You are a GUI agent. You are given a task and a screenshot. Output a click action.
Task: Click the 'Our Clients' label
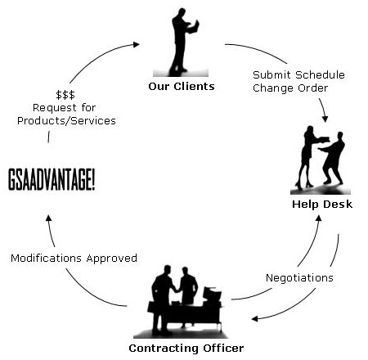coord(182,87)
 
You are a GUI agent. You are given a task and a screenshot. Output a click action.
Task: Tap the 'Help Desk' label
coord(322,204)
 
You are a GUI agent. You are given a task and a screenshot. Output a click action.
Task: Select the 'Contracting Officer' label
coord(186,348)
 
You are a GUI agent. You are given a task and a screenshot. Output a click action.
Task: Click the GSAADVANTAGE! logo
coord(52,179)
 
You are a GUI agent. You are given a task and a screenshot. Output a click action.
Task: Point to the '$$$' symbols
coord(65,95)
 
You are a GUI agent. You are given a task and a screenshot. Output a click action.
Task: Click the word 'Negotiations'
coord(299,277)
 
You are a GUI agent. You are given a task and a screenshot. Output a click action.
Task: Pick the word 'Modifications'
coord(46,258)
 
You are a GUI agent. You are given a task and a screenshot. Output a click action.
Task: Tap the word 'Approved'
coord(112,259)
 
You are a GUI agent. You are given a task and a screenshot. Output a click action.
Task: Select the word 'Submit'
coord(272,74)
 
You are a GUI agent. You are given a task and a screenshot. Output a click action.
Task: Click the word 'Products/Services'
coord(66,120)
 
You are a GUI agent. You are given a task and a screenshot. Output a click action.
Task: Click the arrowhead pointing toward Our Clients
coord(136,44)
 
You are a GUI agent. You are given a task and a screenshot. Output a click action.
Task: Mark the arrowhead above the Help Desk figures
coord(325,119)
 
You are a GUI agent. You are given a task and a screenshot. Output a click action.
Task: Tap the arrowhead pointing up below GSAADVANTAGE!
coord(49,218)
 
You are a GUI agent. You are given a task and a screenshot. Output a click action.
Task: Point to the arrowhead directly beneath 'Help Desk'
coord(318,218)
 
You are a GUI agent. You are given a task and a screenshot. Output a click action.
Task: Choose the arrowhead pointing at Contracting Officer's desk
coord(255,318)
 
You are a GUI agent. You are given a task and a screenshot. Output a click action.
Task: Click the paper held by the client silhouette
coord(195,27)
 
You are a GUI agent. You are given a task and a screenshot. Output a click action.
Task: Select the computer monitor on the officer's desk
coord(212,294)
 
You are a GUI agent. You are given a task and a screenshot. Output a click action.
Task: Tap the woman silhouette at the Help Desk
coord(309,157)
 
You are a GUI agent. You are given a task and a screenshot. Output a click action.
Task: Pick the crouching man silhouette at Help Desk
coord(333,158)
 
